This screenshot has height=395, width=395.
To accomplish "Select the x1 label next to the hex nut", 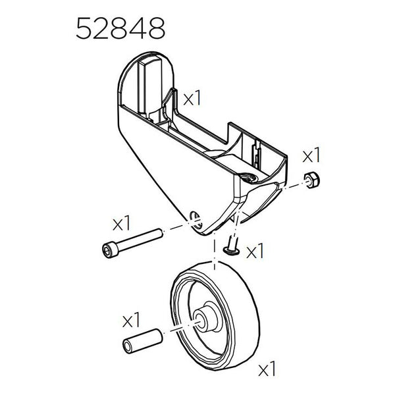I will tap(311, 156).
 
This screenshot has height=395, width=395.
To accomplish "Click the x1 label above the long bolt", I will tap(122, 223).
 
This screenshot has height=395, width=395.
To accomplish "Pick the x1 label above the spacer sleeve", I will tap(133, 321).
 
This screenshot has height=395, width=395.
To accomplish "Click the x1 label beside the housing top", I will tap(192, 99).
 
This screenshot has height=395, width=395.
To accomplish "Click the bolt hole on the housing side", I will tap(193, 218).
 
